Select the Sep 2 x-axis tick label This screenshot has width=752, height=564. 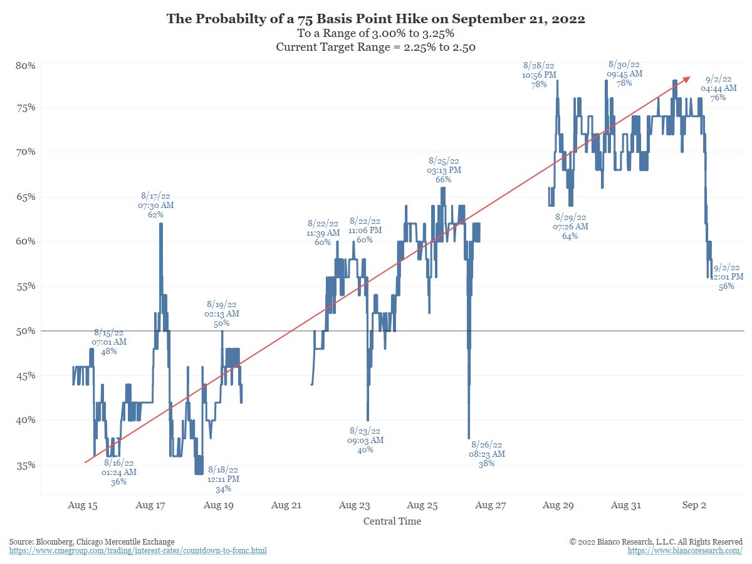point(694,504)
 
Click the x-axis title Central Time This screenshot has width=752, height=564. point(392,521)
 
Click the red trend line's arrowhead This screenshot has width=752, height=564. point(687,78)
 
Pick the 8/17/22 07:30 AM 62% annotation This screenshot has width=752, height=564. point(155,205)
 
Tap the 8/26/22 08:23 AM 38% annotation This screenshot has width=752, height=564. point(487,454)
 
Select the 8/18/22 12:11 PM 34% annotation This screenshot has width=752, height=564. point(223,479)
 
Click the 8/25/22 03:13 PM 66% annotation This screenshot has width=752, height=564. point(444,170)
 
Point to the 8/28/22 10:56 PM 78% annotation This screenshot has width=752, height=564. point(539,75)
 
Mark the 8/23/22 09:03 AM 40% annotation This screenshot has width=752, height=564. point(365,440)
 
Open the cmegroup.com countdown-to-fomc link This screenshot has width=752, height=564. point(138,551)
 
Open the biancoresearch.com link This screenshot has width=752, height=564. point(685,551)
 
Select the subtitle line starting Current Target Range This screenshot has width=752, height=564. point(376,48)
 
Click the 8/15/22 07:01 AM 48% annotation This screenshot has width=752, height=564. point(109,342)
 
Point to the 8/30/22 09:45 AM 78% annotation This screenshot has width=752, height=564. point(624,74)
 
